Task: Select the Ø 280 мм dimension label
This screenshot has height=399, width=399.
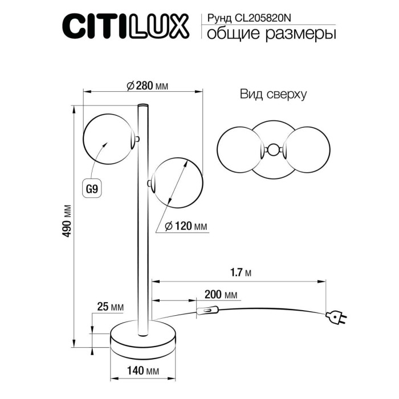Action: tap(146, 86)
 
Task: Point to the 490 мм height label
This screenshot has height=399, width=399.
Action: tap(68, 221)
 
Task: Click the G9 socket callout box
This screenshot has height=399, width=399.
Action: tap(91, 186)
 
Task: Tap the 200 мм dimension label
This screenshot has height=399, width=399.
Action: tap(221, 295)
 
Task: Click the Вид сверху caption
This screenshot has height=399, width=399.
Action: tap(274, 95)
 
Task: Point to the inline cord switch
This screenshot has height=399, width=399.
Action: tap(206, 311)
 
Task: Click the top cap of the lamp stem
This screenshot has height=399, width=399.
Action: tap(142, 105)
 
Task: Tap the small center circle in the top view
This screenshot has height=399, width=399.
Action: tap(274, 150)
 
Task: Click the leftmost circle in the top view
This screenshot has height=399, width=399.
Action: tap(239, 150)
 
